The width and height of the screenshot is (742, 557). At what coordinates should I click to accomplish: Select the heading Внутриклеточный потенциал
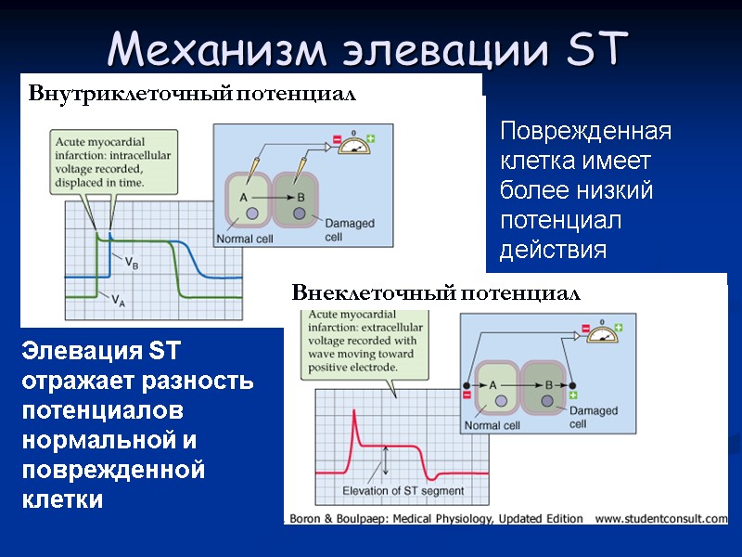click(x=192, y=94)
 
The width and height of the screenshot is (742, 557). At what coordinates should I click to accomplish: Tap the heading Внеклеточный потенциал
click(x=436, y=294)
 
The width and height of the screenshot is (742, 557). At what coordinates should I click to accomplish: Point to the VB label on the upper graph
click(x=133, y=263)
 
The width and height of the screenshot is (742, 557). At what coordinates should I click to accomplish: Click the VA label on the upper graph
click(x=119, y=300)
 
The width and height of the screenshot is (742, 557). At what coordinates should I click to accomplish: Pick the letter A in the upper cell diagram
click(x=244, y=197)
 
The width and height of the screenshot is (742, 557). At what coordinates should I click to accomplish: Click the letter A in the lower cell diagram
click(x=493, y=384)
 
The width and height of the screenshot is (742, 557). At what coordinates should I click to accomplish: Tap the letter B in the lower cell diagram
click(x=548, y=384)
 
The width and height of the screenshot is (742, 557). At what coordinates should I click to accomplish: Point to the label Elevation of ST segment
click(x=403, y=491)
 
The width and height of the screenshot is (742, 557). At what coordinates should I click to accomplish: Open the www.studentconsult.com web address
click(x=660, y=518)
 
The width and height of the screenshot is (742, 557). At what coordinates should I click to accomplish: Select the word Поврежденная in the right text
click(x=585, y=131)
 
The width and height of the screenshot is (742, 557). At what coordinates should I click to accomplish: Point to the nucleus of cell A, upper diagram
click(x=252, y=215)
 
